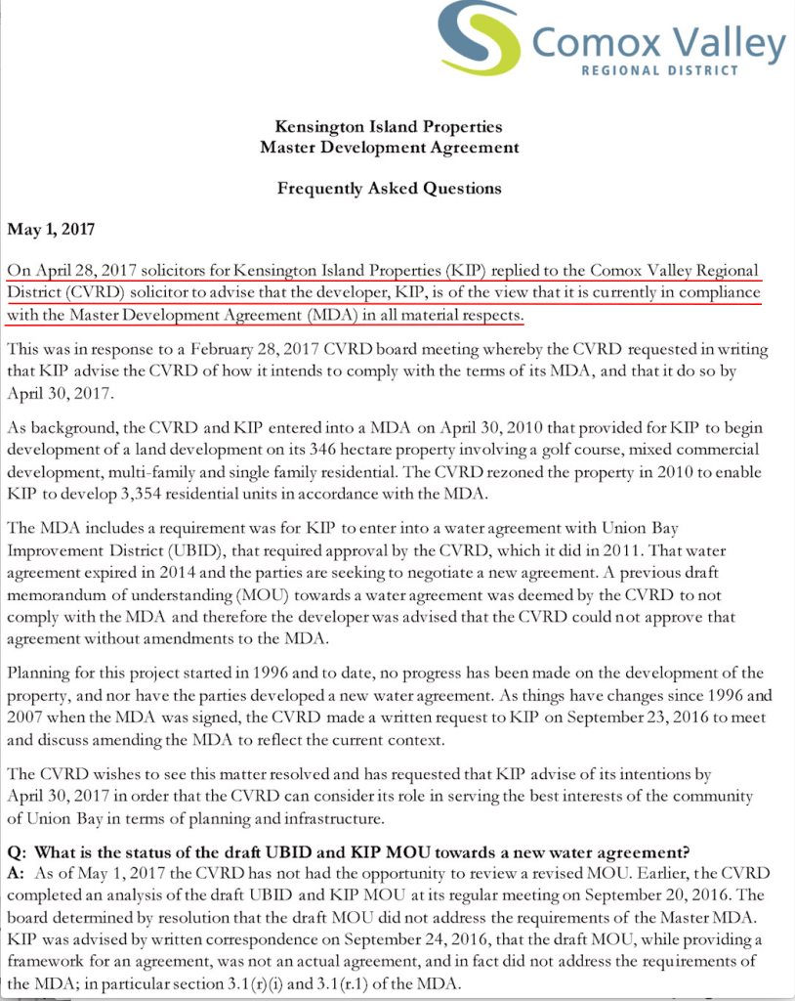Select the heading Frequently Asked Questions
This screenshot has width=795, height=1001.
click(x=389, y=188)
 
